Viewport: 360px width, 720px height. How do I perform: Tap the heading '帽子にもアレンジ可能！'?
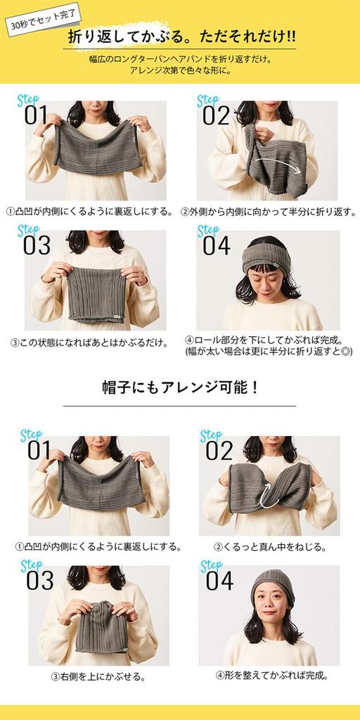click(179, 387)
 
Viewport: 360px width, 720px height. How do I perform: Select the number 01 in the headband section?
click(36, 115)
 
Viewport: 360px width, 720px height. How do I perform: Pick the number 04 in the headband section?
click(217, 245)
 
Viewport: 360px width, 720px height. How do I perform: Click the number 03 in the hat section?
click(40, 580)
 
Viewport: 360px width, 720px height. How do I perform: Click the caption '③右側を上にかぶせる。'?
click(98, 676)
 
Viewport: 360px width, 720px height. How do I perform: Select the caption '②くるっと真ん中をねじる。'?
click(270, 546)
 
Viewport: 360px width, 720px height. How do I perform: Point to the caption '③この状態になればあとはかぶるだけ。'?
click(89, 342)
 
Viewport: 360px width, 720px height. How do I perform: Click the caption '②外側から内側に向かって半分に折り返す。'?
click(268, 210)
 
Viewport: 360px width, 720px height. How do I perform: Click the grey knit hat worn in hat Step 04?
click(271, 581)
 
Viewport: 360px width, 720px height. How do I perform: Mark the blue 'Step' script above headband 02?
click(208, 100)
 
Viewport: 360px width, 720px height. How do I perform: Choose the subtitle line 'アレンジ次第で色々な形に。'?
click(180, 70)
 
